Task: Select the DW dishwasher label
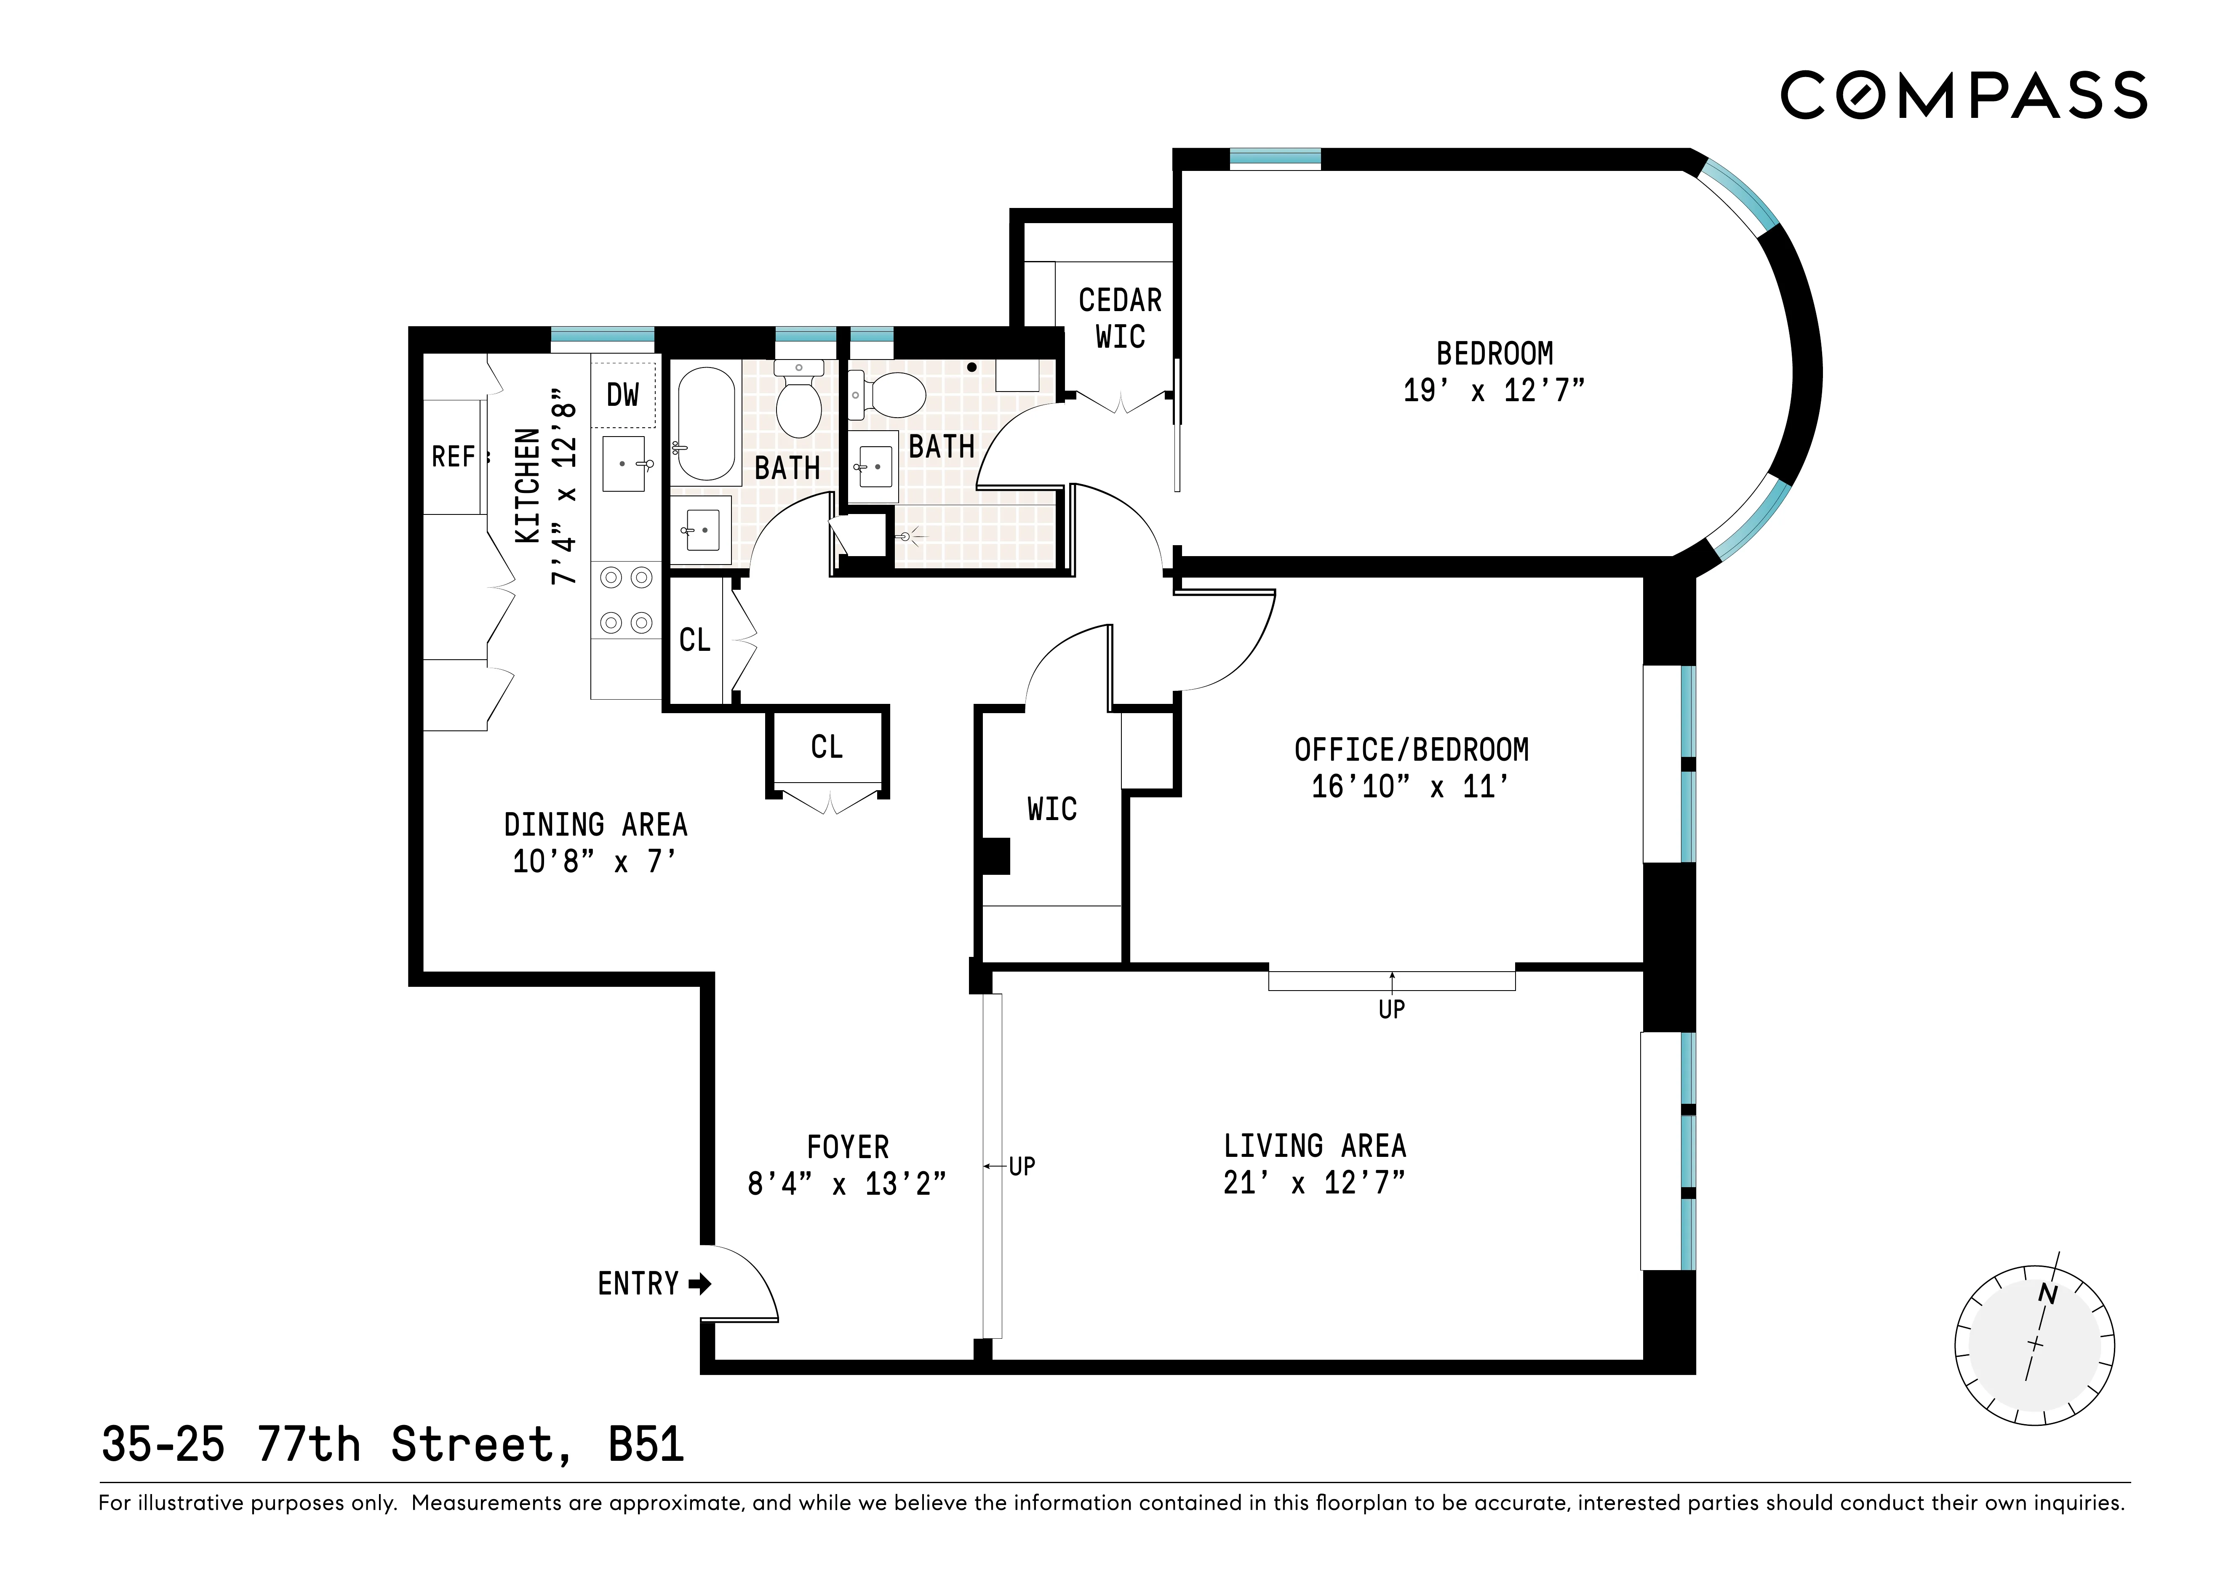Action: [x=623, y=394]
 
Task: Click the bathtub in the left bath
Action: [x=705, y=424]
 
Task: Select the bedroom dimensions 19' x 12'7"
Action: [x=1494, y=391]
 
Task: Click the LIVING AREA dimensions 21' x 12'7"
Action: [x=1314, y=1183]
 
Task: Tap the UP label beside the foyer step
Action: [x=1021, y=1166]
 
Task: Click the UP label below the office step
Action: [x=1391, y=1010]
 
